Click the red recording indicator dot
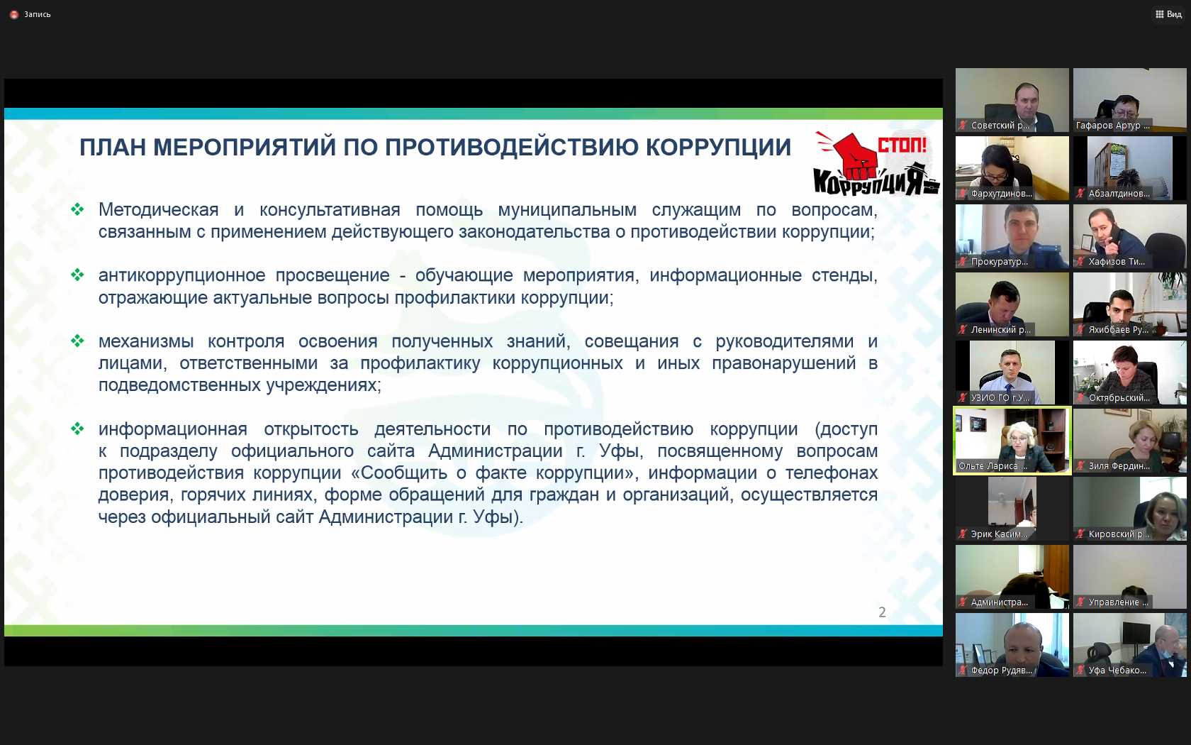[14, 15]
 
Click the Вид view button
[1168, 14]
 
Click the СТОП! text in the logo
[902, 144]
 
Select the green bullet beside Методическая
[78, 209]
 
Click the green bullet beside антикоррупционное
[78, 275]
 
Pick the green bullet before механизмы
[78, 341]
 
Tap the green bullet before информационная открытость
[78, 429]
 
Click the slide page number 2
[882, 612]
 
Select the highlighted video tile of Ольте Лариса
[1012, 441]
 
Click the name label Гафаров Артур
[1112, 126]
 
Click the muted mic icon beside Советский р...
[963, 126]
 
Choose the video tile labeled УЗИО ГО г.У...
[1012, 372]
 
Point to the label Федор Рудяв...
[1001, 670]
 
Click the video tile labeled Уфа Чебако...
[1130, 645]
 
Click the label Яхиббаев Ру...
[1118, 330]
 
